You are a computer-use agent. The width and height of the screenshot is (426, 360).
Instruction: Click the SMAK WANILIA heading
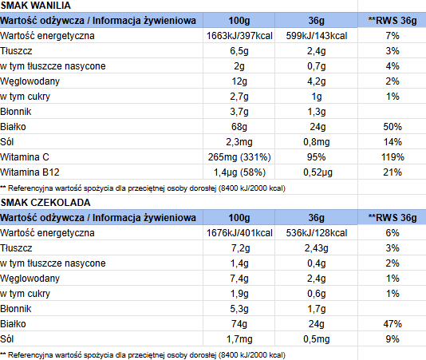click(36, 6)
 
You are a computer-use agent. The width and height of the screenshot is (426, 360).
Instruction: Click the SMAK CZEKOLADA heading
click(45, 203)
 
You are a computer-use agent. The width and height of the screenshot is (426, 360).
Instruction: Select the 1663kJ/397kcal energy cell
click(239, 36)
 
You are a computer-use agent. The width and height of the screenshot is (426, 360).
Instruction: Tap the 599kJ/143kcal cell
click(317, 36)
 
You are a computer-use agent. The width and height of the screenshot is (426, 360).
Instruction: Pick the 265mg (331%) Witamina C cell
click(239, 157)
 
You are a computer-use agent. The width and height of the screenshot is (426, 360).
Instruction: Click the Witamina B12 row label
click(30, 172)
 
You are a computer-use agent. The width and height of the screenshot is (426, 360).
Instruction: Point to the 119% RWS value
click(392, 157)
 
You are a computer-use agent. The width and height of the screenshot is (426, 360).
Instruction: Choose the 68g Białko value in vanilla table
click(239, 127)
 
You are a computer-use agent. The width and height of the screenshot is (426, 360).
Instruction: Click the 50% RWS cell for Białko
click(392, 127)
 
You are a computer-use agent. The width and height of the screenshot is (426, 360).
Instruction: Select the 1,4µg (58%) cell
click(239, 172)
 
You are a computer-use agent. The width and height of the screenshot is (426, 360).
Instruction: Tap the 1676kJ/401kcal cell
click(239, 233)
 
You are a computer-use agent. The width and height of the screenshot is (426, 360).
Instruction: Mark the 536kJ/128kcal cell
click(317, 233)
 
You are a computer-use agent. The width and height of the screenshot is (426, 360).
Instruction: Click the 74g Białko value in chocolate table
click(239, 324)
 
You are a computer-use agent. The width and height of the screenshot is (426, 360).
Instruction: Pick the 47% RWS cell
click(392, 324)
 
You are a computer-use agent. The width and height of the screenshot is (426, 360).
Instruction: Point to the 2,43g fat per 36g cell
click(316, 248)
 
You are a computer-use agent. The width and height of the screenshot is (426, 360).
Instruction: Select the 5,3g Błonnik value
click(239, 309)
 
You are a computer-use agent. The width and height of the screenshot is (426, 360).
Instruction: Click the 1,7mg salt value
click(239, 339)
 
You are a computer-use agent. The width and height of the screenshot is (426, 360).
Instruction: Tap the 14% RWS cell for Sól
click(392, 142)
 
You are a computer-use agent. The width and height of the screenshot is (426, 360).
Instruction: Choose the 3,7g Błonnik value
click(239, 112)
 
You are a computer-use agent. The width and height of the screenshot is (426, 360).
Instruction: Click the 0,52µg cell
click(318, 172)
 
